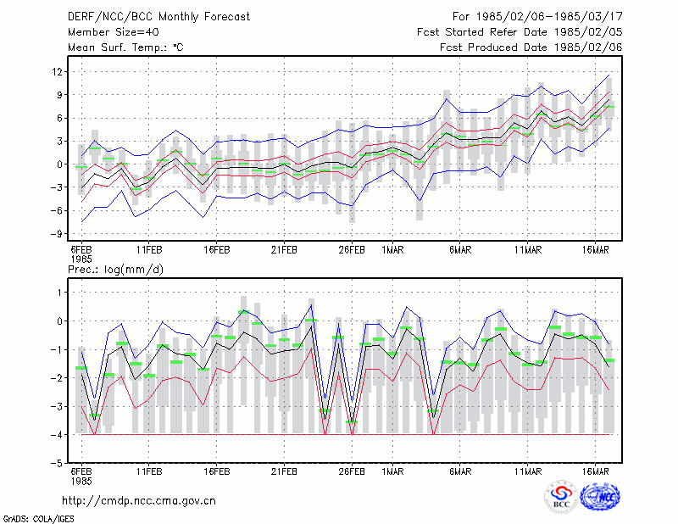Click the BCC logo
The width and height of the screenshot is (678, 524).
561,496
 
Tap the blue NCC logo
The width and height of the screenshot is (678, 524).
600,497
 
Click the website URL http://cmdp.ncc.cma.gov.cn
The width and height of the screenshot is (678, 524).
139,501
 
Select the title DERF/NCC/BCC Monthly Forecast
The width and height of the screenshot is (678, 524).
158,17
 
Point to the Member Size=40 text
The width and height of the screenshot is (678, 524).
114,32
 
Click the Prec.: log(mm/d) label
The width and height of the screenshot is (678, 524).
115,270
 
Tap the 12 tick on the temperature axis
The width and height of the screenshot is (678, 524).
57,71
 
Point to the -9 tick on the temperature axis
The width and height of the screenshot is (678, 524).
56,234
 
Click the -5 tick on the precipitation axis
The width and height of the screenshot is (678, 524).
56,463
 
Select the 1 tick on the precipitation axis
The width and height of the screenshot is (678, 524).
59,293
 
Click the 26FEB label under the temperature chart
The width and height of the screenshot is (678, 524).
352,250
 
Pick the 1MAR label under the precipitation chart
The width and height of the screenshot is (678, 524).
392,471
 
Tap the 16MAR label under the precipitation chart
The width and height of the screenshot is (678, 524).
596,471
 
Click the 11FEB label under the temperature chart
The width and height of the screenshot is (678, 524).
149,250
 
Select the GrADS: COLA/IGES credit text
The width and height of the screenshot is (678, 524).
38,519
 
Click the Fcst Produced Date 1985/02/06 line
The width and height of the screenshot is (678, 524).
531,47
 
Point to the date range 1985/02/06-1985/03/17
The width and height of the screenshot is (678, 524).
549,17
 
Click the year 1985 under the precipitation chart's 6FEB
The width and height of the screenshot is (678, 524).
81,481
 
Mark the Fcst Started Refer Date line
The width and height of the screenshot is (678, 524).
520,32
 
